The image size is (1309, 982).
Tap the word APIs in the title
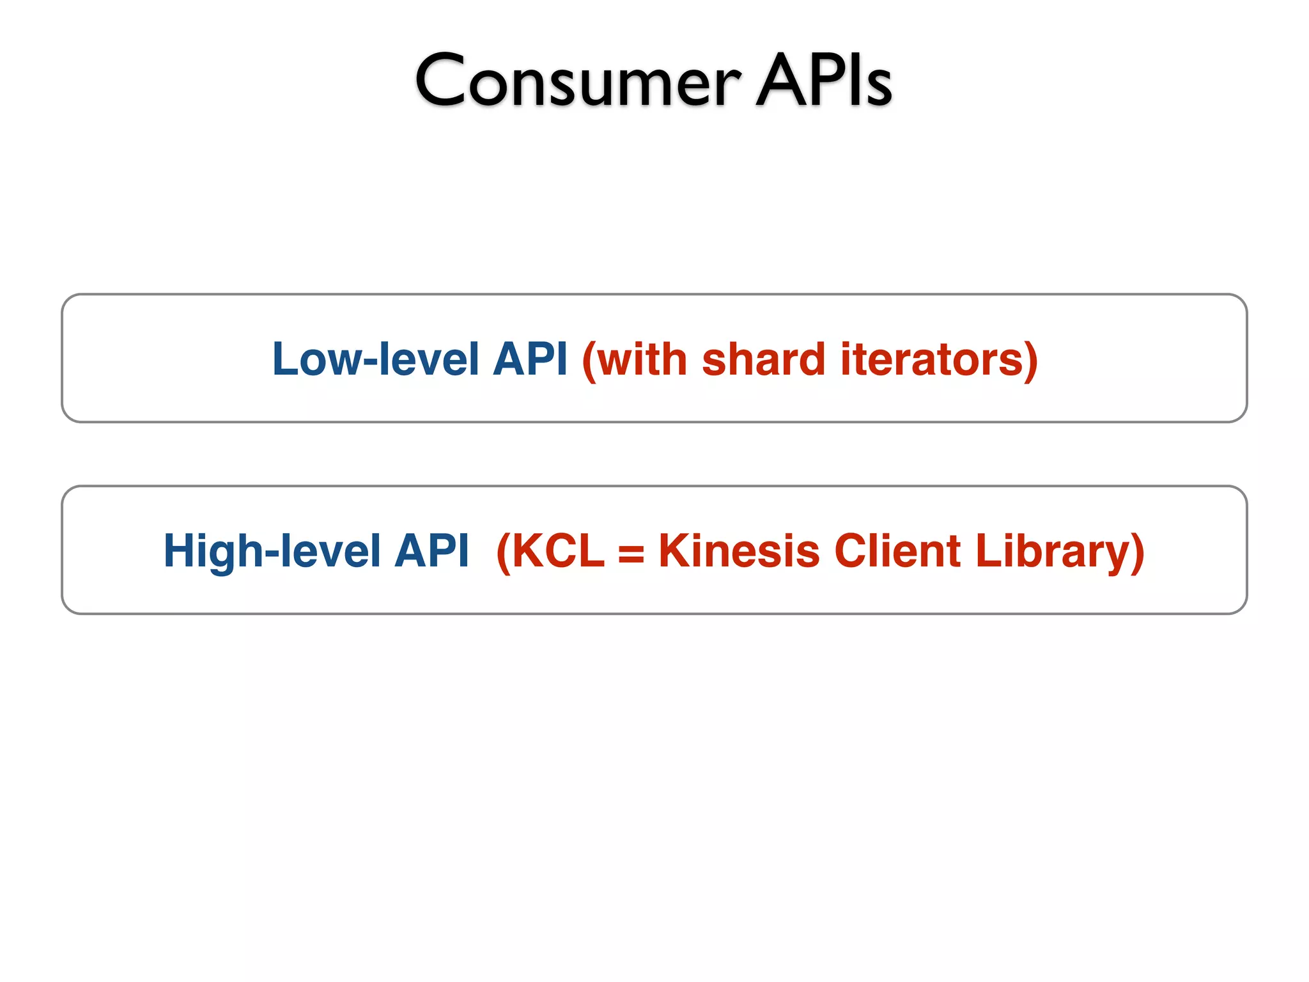823,81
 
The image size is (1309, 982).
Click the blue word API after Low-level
530,359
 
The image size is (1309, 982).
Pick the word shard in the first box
763,359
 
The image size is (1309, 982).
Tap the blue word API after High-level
431,551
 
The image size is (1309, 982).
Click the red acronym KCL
557,551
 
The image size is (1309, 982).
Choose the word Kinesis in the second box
739,551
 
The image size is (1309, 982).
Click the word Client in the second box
897,551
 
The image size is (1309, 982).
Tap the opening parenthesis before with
589,361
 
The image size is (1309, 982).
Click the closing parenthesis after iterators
1030,361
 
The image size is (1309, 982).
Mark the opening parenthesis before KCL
503,553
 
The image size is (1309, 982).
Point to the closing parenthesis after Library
1137,553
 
